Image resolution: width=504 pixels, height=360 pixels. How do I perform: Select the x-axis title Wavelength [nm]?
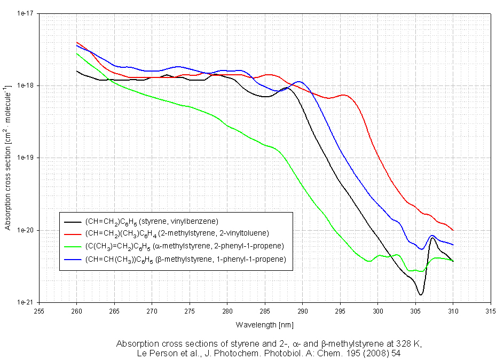coord(264,324)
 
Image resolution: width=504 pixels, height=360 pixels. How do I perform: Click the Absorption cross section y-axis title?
coord(8,158)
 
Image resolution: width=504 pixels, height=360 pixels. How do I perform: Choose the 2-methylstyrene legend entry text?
coord(176,233)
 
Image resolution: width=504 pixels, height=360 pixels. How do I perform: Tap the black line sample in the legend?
coord(72,221)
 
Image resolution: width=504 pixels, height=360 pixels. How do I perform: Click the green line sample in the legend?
coord(72,246)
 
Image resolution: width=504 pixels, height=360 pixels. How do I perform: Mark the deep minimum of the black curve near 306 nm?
coord(421,294)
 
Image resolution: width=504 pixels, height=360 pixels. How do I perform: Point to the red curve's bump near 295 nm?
coord(343,96)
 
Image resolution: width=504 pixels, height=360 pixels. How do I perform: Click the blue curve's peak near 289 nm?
coord(300,82)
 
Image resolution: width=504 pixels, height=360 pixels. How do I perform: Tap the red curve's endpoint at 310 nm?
coord(453,230)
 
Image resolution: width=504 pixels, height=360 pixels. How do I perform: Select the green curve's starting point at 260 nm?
coord(77,53)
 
